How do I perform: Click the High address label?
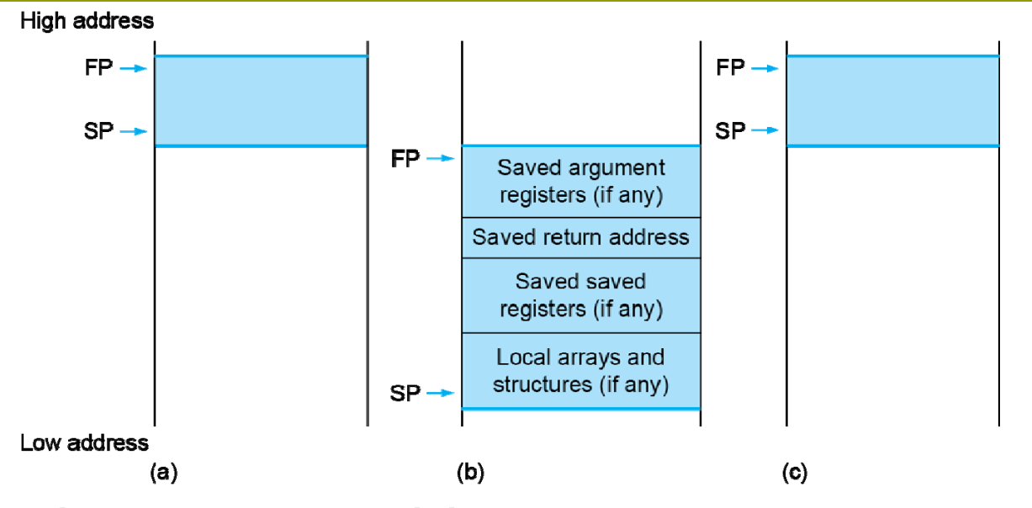(x=87, y=21)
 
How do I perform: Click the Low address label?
(x=84, y=443)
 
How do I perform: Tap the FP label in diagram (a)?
(x=98, y=67)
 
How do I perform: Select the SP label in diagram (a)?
(x=98, y=131)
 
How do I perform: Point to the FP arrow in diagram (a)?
(x=133, y=69)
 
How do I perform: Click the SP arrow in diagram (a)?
(x=133, y=132)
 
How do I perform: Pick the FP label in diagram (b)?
(x=405, y=159)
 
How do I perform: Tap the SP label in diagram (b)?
(x=405, y=394)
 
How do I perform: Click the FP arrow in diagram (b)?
(x=441, y=158)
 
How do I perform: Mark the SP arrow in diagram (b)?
(x=441, y=393)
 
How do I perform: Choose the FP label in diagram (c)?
(x=731, y=67)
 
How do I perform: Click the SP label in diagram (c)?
(x=730, y=131)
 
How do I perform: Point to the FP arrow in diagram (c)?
(x=765, y=69)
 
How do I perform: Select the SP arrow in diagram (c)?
(x=765, y=130)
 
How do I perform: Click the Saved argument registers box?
(x=581, y=182)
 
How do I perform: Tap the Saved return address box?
(x=581, y=238)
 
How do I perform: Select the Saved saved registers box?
(x=581, y=295)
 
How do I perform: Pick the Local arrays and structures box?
(x=581, y=371)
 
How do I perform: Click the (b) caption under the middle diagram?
(x=470, y=473)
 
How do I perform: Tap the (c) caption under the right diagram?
(x=795, y=473)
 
